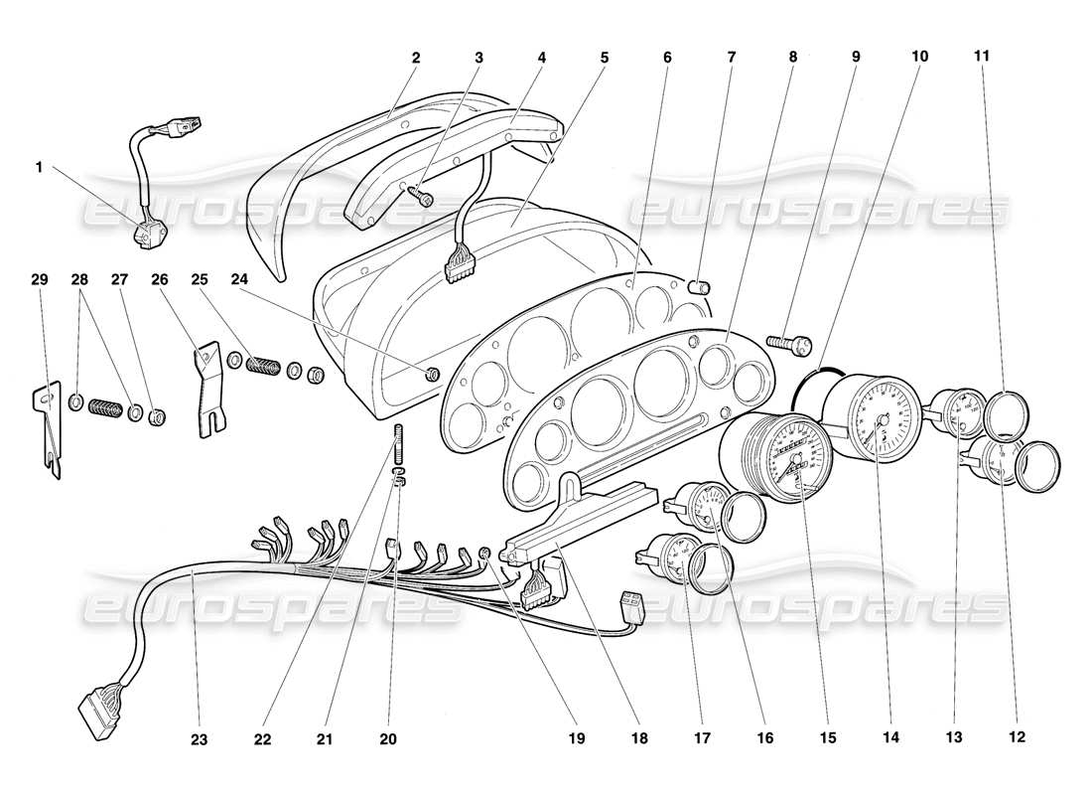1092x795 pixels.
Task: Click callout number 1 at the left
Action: tap(40, 168)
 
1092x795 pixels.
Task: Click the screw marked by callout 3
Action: tap(425, 197)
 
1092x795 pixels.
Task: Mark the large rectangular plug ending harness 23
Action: tap(98, 708)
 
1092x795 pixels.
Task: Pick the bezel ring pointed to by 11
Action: tap(1006, 415)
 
